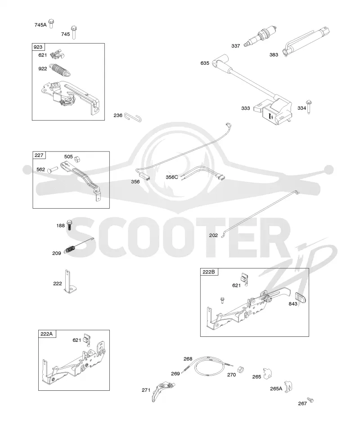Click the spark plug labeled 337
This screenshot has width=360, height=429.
(260, 37)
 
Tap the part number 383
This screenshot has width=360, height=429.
(274, 55)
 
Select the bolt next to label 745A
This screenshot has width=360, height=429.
(51, 23)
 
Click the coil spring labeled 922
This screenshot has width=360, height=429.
(60, 70)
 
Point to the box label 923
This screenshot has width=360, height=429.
(38, 47)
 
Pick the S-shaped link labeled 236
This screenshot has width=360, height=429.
(133, 117)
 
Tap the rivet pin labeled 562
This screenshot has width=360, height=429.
(52, 170)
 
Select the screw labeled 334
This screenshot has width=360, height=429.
(309, 107)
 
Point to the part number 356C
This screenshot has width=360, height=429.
(171, 177)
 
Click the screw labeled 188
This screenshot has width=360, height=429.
(69, 225)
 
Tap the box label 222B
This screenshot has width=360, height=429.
(209, 272)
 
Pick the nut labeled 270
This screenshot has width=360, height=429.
(241, 369)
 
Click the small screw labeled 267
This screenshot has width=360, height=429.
(310, 400)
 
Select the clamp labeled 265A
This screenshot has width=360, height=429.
(288, 387)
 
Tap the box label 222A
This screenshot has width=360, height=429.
(47, 334)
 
